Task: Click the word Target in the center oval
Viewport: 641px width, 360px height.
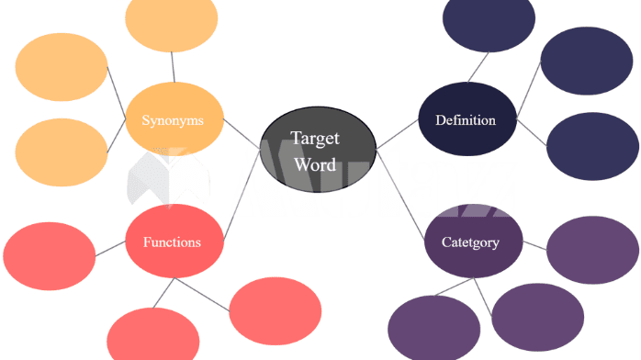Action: [x=315, y=139]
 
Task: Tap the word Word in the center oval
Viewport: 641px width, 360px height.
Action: [x=315, y=165]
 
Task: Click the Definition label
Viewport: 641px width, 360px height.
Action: [x=465, y=120]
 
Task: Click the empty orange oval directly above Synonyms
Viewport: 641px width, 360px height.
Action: [x=171, y=22]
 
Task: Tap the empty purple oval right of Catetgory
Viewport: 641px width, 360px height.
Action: [x=592, y=250]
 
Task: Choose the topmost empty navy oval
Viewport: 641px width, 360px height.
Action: [x=488, y=20]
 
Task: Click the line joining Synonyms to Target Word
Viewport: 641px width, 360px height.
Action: [x=241, y=135]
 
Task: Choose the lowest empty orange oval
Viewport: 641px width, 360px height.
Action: [x=61, y=152]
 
